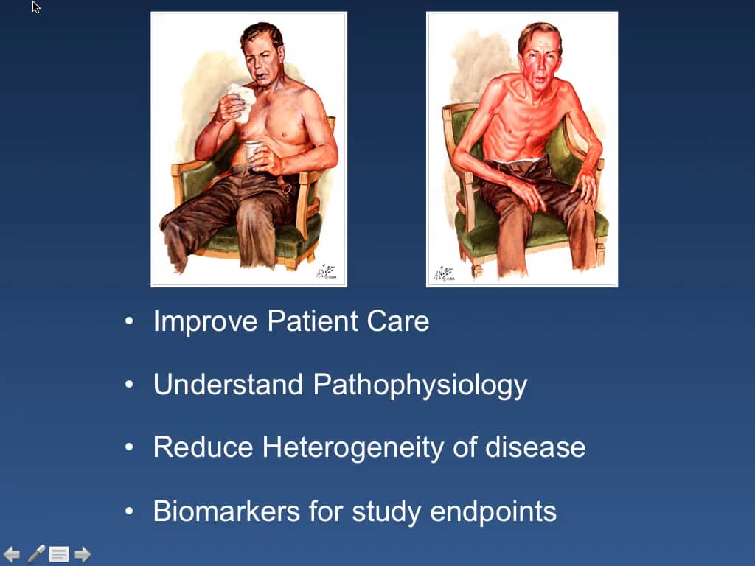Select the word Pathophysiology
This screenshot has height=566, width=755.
(420, 385)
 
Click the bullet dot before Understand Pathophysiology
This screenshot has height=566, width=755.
(131, 385)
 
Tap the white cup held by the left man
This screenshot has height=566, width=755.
(252, 151)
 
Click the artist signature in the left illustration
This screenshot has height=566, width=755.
(324, 273)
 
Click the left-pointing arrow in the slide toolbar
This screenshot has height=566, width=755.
(12, 554)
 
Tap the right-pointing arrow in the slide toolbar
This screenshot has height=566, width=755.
(83, 554)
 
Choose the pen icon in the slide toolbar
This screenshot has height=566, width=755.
(35, 554)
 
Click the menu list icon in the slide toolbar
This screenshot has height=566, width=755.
(59, 554)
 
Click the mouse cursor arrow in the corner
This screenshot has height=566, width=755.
(36, 7)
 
